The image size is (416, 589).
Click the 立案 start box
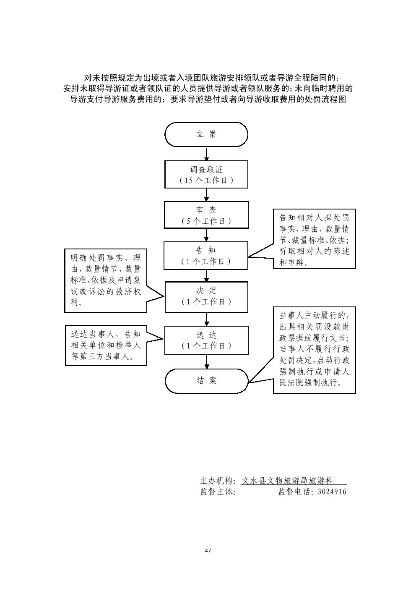[x=206, y=134]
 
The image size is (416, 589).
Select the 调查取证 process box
[x=206, y=175]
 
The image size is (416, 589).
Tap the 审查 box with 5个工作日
[x=206, y=215]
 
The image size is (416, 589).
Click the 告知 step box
[x=206, y=255]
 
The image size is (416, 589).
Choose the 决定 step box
[x=206, y=296]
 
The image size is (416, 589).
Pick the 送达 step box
[x=206, y=340]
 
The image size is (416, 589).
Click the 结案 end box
[x=206, y=381]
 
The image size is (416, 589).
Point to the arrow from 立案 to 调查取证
[x=206, y=154]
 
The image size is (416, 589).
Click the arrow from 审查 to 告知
[x=206, y=235]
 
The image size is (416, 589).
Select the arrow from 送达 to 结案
[x=206, y=361]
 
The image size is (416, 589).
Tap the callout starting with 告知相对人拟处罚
[x=314, y=239]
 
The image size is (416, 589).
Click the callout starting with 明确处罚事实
[x=106, y=280]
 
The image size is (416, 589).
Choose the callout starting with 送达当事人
[x=106, y=346]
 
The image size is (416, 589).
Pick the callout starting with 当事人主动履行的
[x=314, y=350]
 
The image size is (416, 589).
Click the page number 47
[x=208, y=550]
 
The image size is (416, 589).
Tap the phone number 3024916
[x=332, y=492]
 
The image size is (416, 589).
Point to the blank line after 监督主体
[x=256, y=493]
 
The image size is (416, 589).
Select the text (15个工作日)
[x=206, y=181]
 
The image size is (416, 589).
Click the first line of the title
[x=208, y=78]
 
